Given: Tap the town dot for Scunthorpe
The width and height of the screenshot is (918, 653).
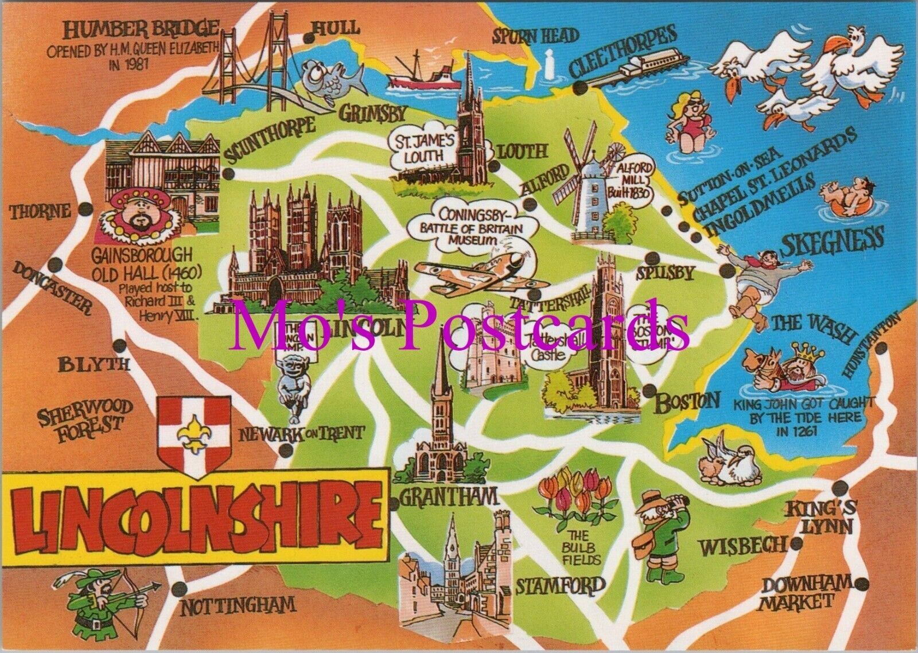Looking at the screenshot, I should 230,174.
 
